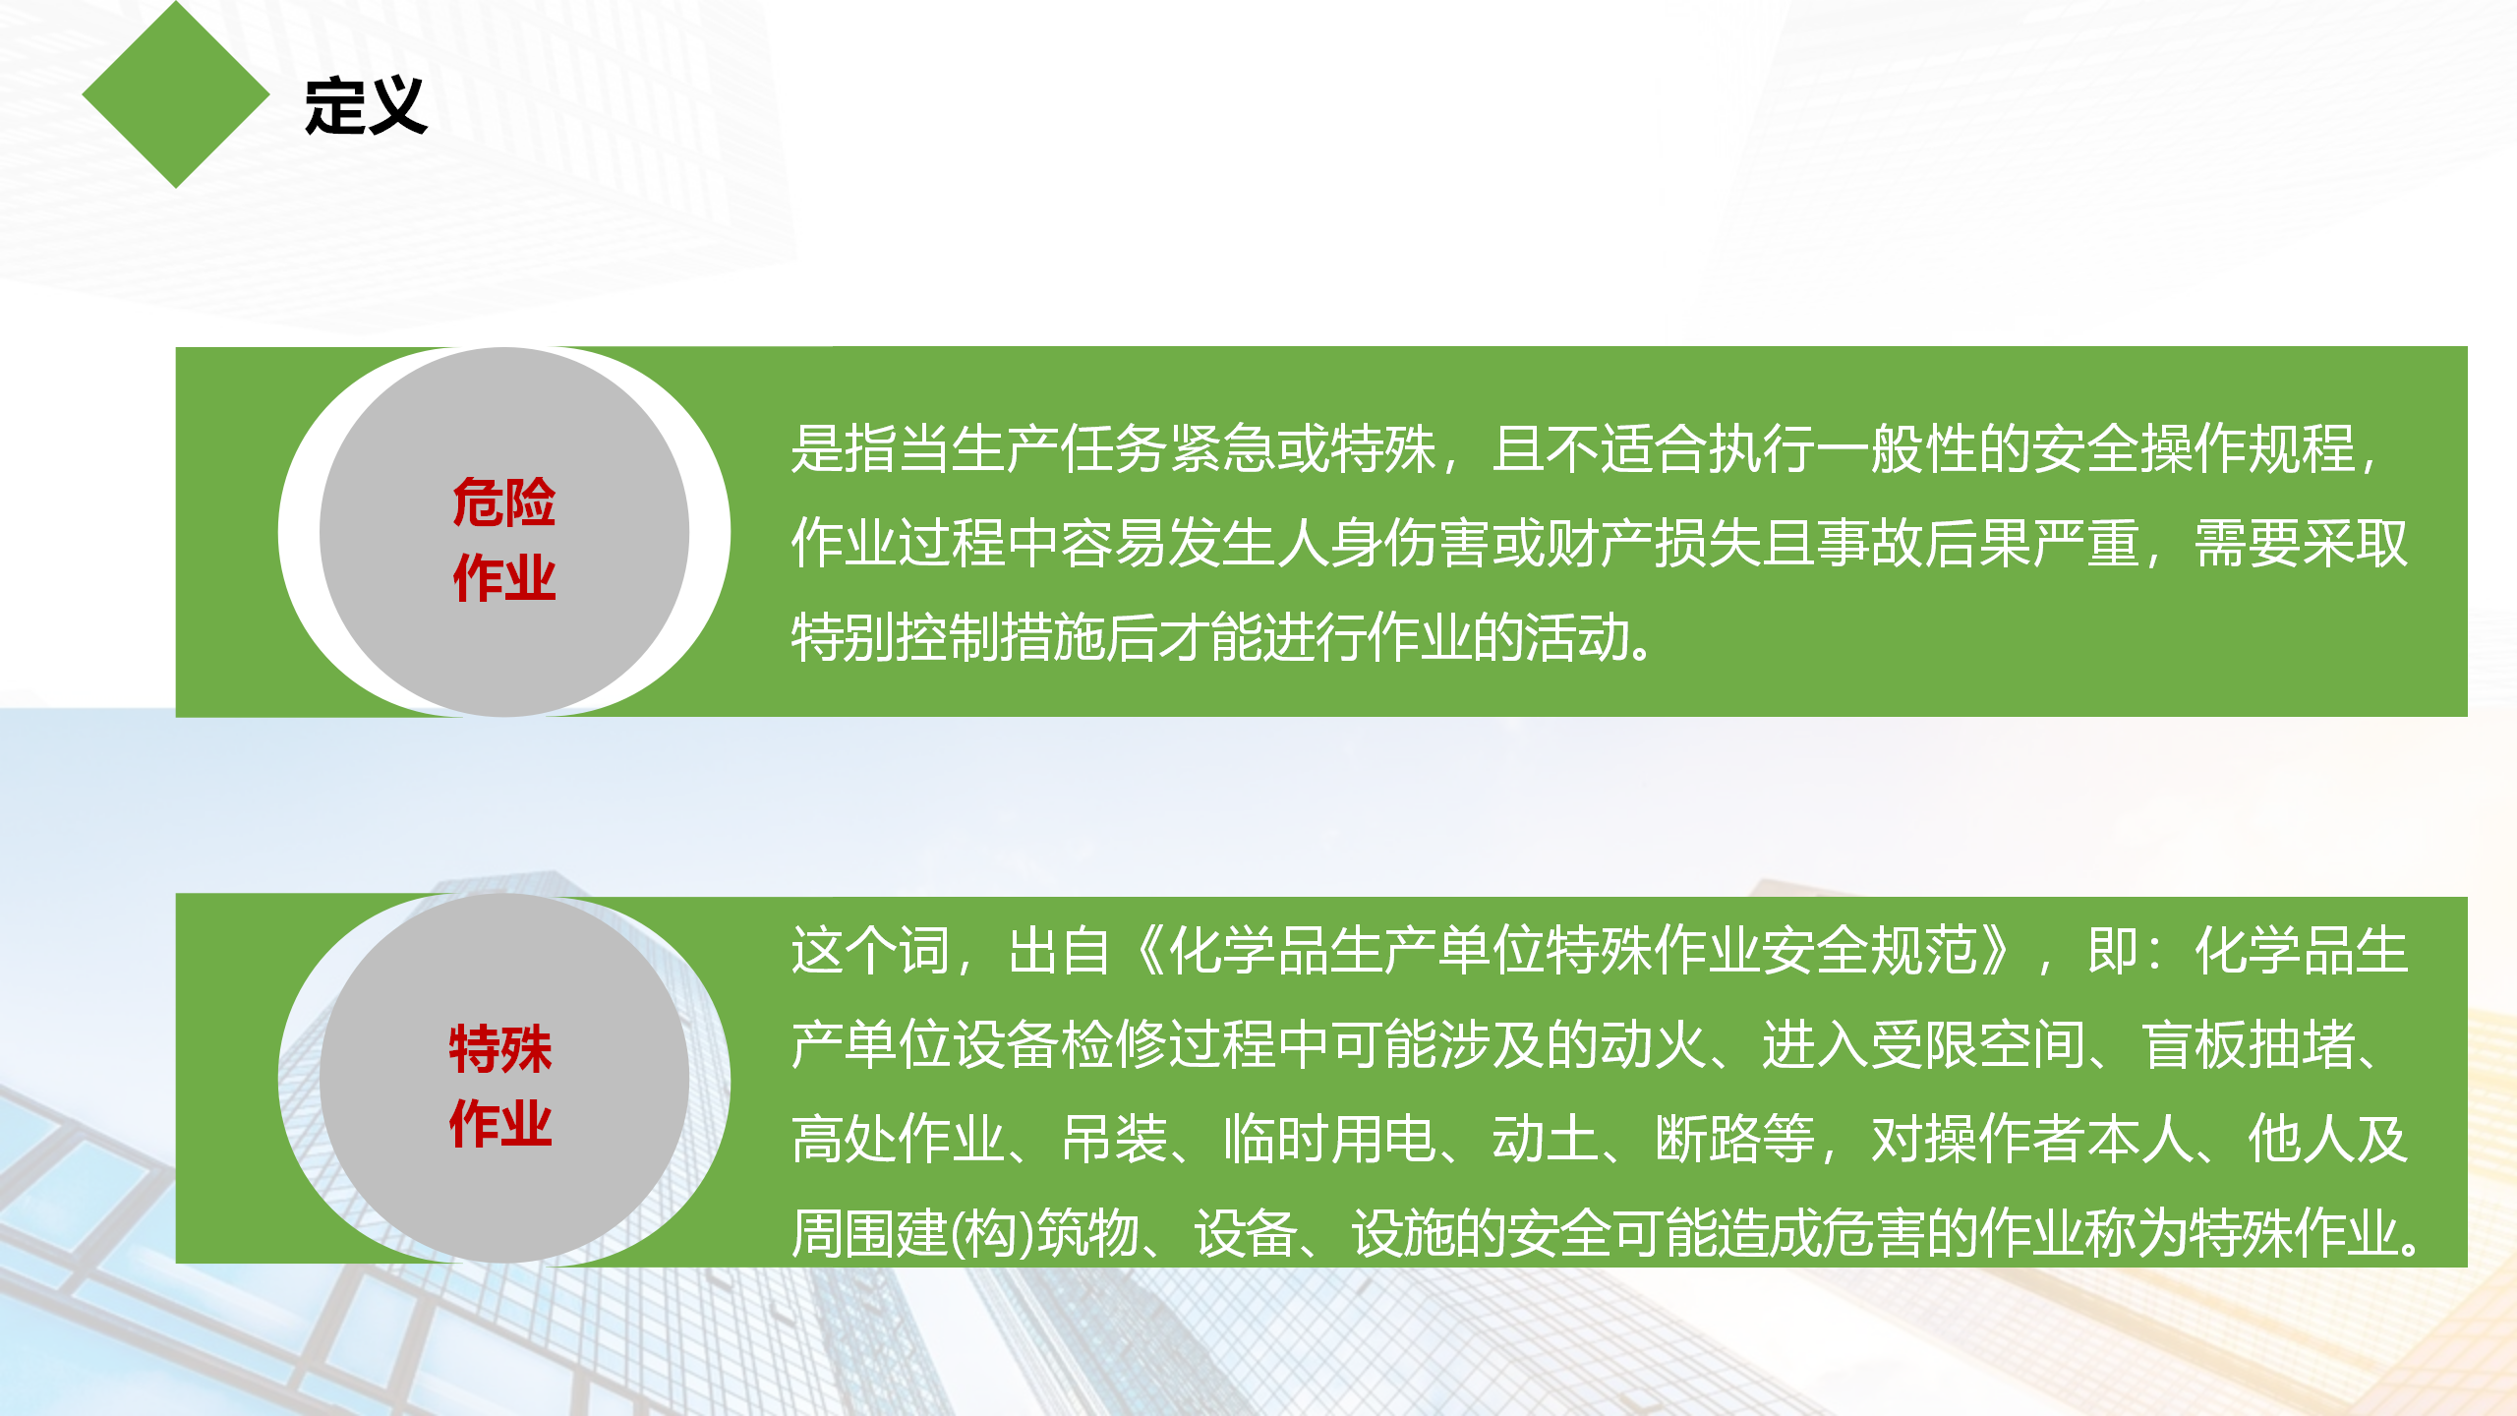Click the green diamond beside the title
coord(176,94)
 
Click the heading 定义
coord(366,105)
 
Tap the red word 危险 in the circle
coord(504,502)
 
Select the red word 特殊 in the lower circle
coord(500,1048)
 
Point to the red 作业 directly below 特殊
coord(500,1123)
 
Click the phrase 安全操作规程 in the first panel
coord(2194,448)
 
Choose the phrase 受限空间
coord(1977,1044)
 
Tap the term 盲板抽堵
coord(2248,1044)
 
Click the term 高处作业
coord(899,1139)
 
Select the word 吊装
coord(1115,1139)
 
